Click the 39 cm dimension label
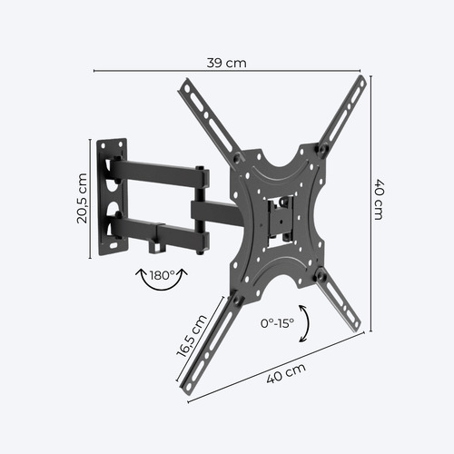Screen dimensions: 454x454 click(226, 63)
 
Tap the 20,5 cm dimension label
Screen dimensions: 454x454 click(81, 198)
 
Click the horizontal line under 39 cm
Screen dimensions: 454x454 click(226, 73)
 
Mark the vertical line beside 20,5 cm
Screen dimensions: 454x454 click(91, 198)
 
